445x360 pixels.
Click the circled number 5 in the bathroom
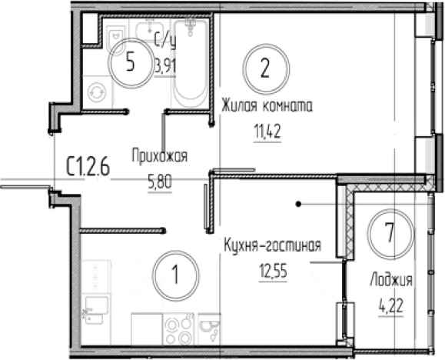(131, 63)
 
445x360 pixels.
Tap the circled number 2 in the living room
(266, 68)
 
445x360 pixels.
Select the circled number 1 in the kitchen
(175, 275)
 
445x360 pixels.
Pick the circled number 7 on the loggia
(390, 233)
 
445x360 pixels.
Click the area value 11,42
(267, 132)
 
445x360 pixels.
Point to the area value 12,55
(273, 271)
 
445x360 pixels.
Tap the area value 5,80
(160, 182)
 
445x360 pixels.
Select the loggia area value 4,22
(391, 306)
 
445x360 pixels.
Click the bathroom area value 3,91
(166, 67)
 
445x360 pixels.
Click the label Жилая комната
(267, 105)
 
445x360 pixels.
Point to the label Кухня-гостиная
(272, 245)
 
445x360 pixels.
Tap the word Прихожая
(160, 156)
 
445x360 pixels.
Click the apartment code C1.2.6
(88, 167)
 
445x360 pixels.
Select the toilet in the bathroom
(116, 35)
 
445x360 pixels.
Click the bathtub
(191, 63)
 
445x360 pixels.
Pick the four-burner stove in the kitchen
(178, 329)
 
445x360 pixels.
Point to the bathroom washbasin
(150, 30)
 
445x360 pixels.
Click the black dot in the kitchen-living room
(298, 204)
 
